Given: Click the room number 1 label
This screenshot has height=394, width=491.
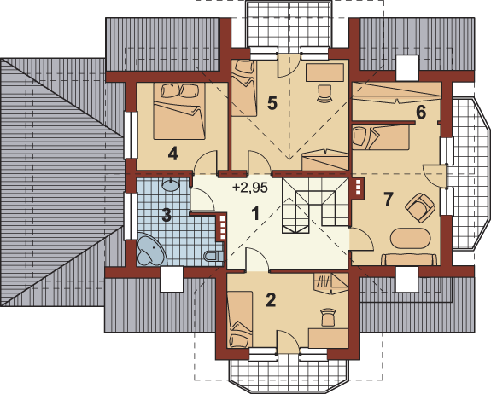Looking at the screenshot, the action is (256, 214).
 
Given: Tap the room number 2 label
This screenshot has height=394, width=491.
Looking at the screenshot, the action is (271, 299).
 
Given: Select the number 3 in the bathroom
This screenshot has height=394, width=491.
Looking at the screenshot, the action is (167, 215).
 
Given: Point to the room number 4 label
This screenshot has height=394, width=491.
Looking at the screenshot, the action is (173, 154).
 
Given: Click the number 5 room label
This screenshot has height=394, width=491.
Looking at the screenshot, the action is (272, 103).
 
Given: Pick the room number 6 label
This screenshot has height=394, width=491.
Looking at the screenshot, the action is (421, 113).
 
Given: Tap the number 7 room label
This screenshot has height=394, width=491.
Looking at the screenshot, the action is (388, 200).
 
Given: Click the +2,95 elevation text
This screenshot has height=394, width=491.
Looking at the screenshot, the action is (250, 188).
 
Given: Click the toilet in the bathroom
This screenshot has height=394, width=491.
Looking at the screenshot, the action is (213, 257).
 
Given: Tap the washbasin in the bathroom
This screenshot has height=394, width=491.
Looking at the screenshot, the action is (171, 184).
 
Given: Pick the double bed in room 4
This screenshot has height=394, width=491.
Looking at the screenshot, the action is (179, 111).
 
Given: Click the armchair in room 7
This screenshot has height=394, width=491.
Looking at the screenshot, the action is (420, 208).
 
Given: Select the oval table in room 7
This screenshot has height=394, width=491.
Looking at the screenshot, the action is (410, 238).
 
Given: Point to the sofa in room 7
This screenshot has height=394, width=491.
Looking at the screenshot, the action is (409, 259).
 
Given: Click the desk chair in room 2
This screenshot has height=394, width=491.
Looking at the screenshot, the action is (328, 317).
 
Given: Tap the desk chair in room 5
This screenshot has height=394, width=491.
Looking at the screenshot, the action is (324, 94).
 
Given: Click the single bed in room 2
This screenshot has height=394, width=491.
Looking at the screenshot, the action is (241, 319).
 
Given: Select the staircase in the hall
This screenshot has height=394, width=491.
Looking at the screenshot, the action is (315, 206).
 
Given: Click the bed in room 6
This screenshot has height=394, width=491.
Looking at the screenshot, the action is (381, 136).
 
